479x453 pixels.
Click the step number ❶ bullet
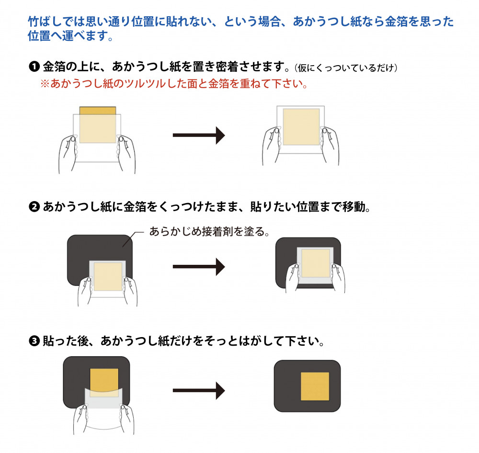tap(34, 67)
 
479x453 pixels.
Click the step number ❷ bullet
tap(34, 207)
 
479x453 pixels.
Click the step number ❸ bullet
tap(34, 341)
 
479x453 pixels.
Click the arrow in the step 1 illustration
tap(199, 136)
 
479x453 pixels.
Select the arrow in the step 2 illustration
tap(199, 267)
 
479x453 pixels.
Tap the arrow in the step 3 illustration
tap(199, 390)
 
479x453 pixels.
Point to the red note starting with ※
tap(174, 83)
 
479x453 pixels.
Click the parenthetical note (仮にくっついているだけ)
tap(346, 68)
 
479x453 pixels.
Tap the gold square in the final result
tap(315, 386)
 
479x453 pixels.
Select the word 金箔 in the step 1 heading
tap(55, 66)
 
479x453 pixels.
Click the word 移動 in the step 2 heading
tap(354, 207)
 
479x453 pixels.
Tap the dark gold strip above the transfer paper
tap(97, 110)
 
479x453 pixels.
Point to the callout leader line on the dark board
tap(133, 239)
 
